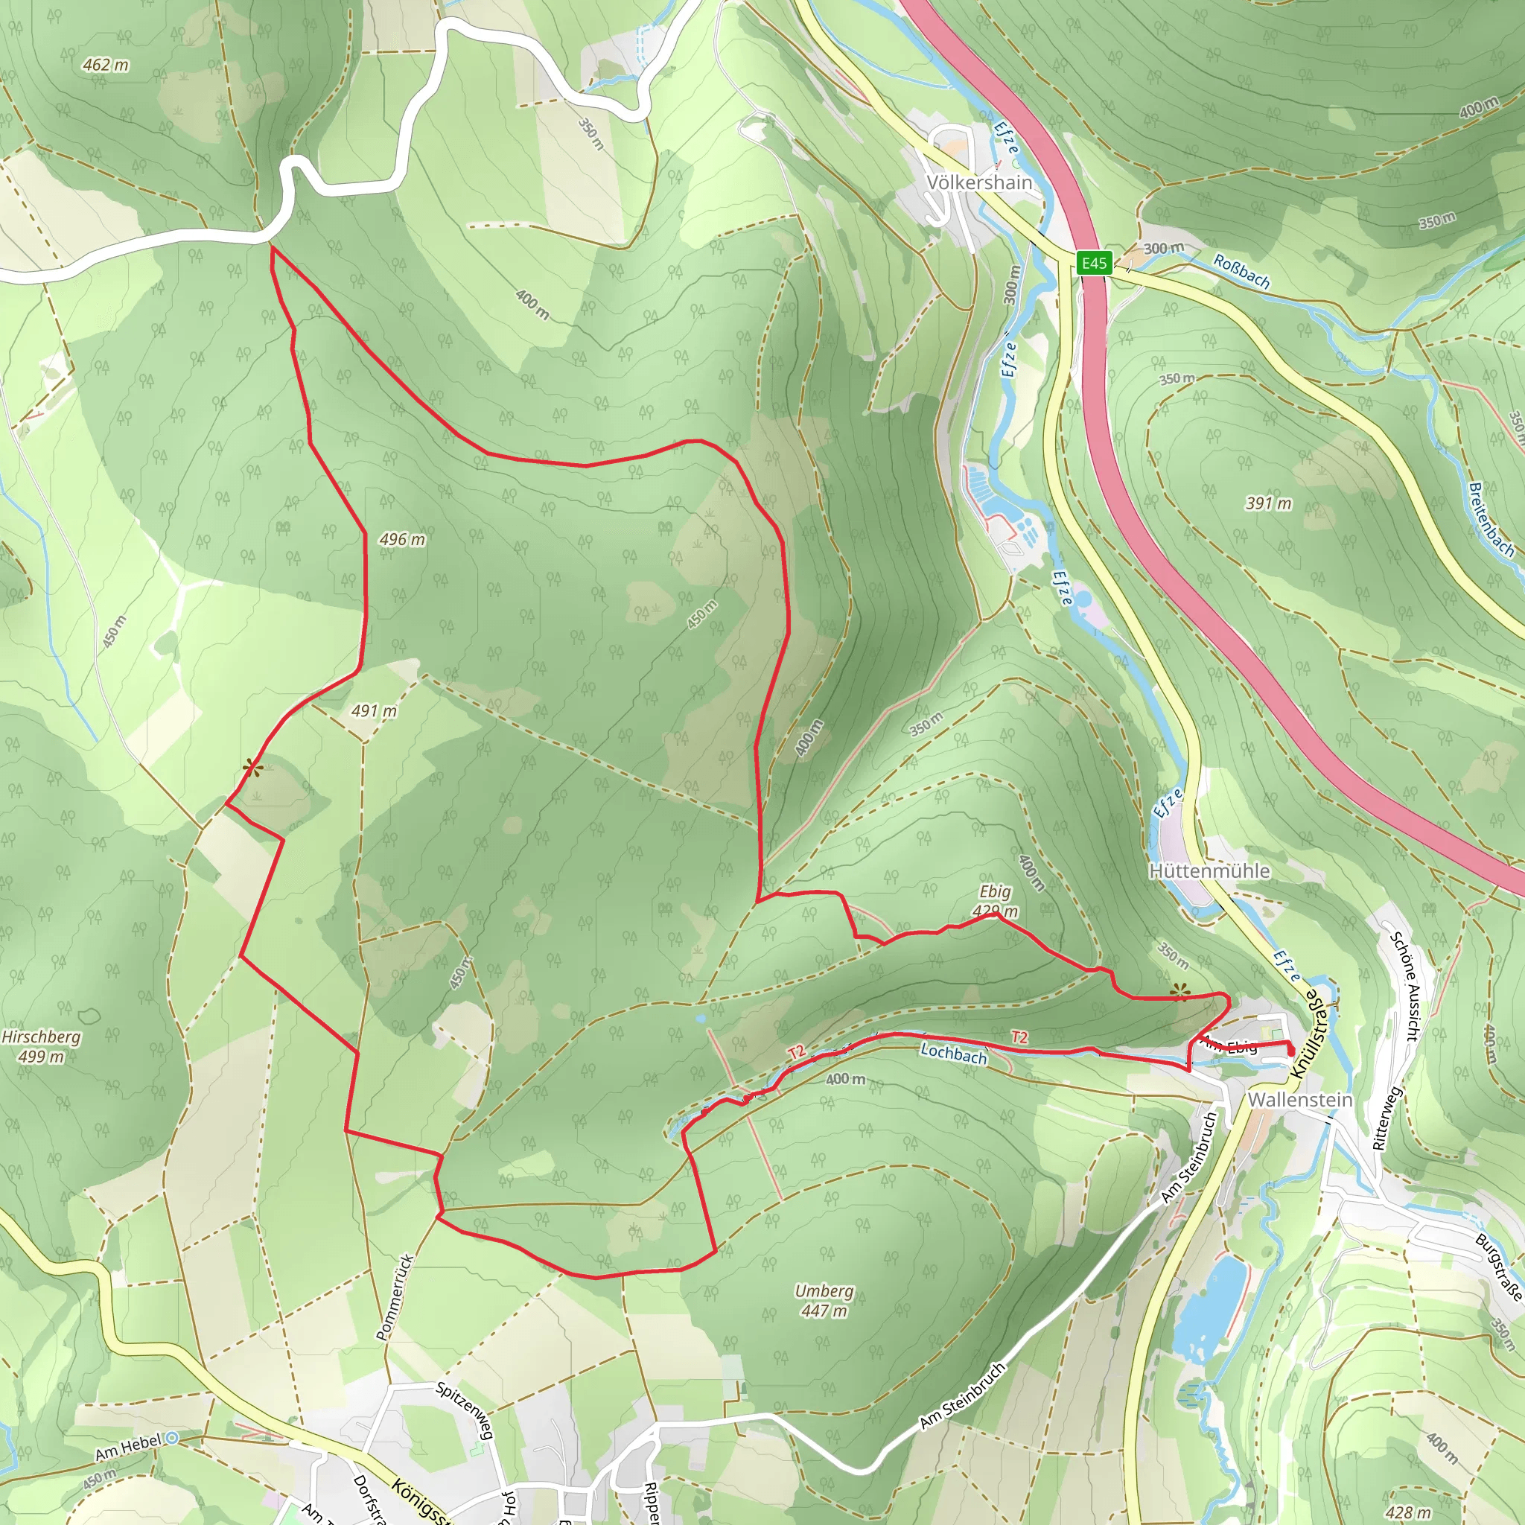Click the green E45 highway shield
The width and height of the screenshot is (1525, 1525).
[1094, 264]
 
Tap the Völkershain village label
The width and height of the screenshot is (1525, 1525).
[978, 182]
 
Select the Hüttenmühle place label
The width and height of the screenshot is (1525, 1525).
[1209, 870]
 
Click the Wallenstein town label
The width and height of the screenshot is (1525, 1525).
[1300, 1100]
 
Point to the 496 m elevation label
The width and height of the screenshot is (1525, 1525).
[402, 540]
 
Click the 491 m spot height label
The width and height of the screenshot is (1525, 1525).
[373, 711]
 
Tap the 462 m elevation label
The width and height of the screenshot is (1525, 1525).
[106, 65]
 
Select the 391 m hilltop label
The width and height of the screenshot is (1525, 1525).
[1268, 503]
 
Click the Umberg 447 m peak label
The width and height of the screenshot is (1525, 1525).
[824, 1300]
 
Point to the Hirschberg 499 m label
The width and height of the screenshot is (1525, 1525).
[41, 1046]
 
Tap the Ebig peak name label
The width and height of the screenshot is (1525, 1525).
[995, 891]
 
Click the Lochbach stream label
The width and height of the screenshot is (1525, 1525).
[954, 1053]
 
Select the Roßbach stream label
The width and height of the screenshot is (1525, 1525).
[1241, 272]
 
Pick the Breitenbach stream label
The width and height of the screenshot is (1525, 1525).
[1490, 520]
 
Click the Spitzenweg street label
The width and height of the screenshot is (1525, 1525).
[465, 1410]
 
